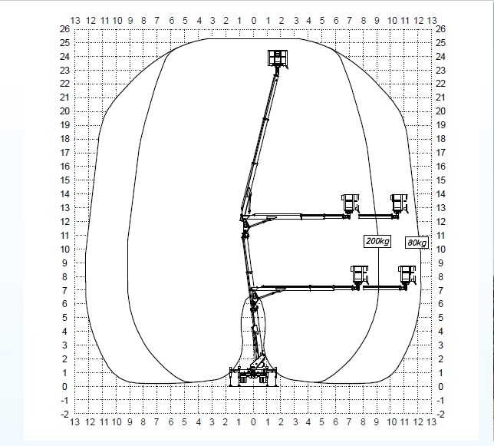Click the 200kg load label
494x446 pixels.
[377, 242]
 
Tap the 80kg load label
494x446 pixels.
[417, 243]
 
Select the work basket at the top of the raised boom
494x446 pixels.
[278, 58]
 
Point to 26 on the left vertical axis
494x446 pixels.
[64, 29]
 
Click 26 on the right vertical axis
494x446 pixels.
[441, 29]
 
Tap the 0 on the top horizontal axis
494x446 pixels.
[254, 21]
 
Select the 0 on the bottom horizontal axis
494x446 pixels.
[253, 422]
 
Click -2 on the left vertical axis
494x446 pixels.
[64, 415]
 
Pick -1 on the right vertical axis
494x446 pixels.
[440, 401]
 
